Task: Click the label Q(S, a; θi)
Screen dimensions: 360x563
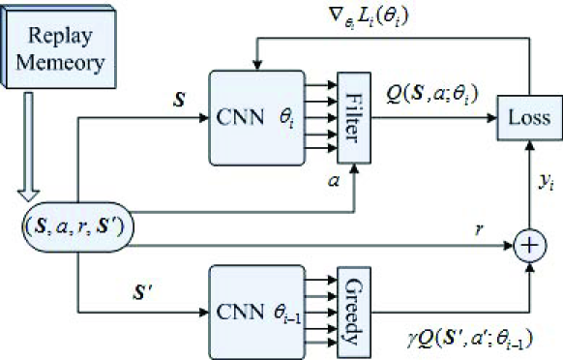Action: click(x=430, y=95)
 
